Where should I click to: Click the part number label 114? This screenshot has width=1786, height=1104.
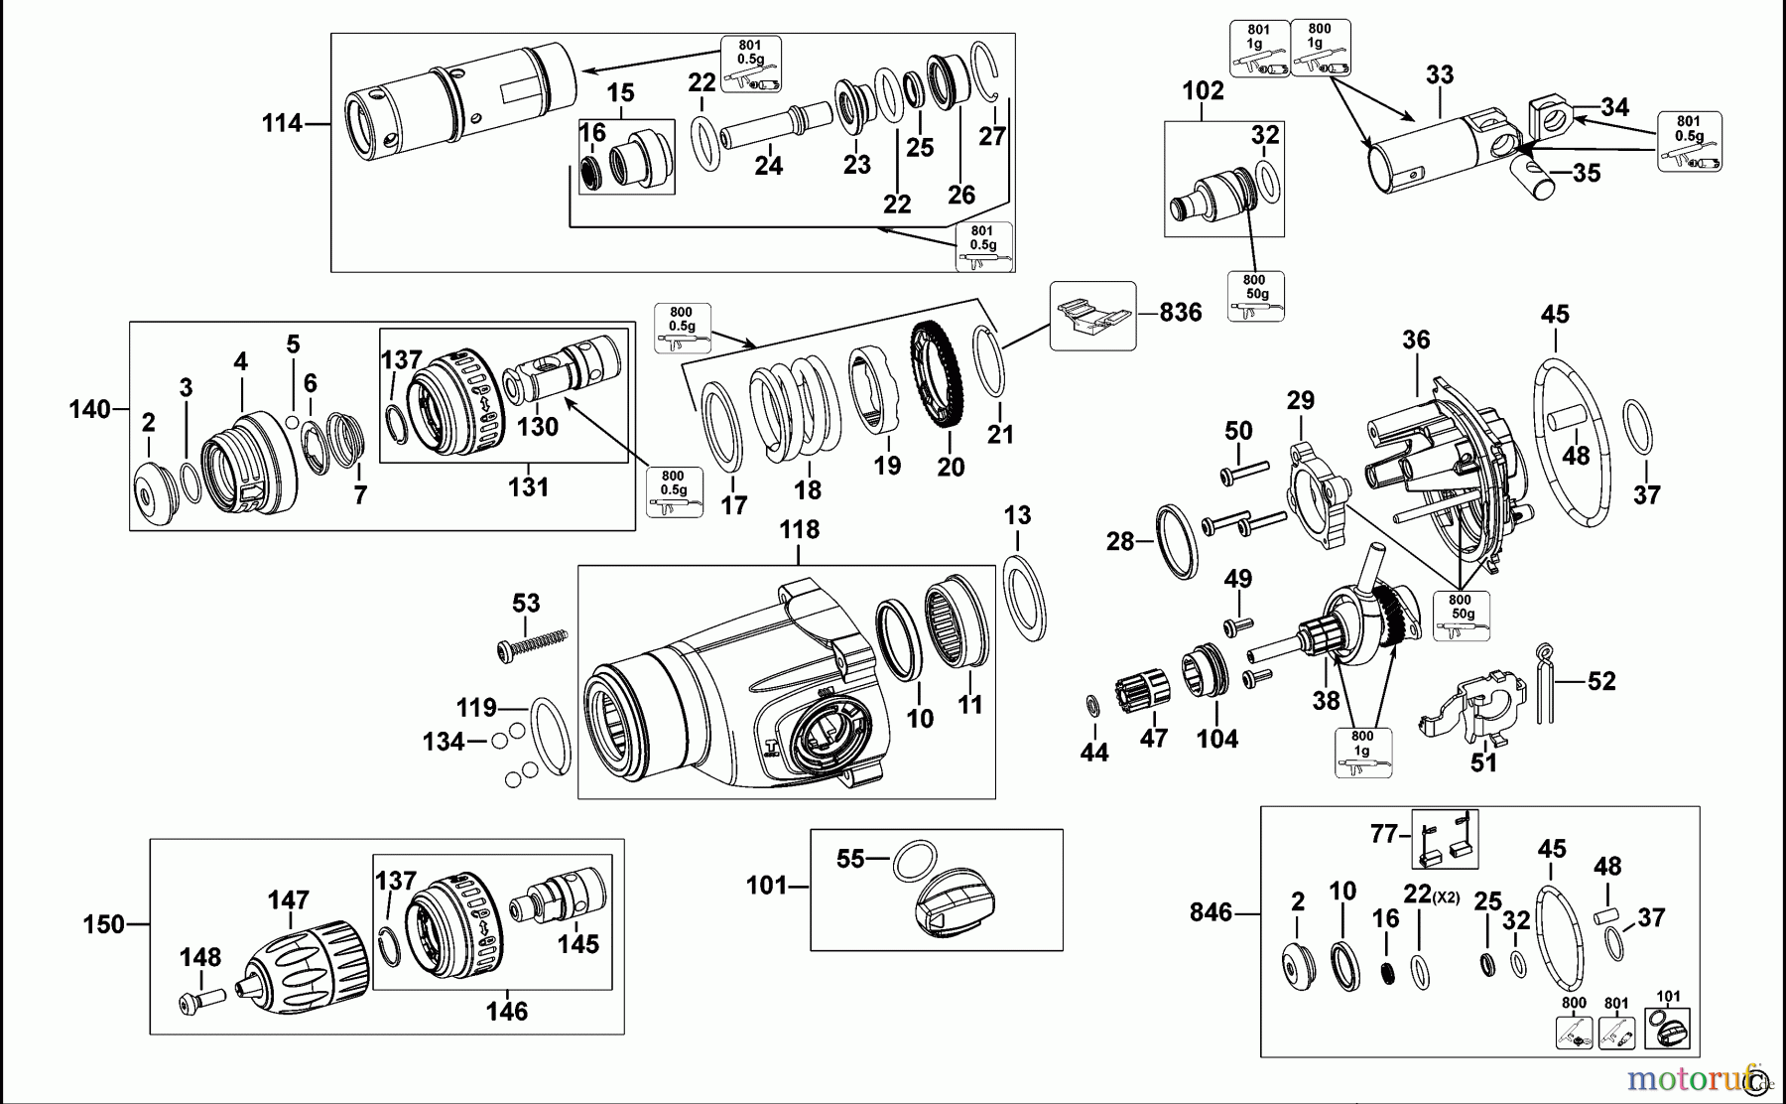click(282, 124)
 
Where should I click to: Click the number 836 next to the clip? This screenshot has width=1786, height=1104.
click(1181, 313)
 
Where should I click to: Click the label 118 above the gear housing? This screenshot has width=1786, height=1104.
click(799, 530)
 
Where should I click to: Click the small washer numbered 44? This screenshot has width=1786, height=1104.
click(1092, 706)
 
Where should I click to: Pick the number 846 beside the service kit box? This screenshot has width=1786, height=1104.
click(1211, 912)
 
